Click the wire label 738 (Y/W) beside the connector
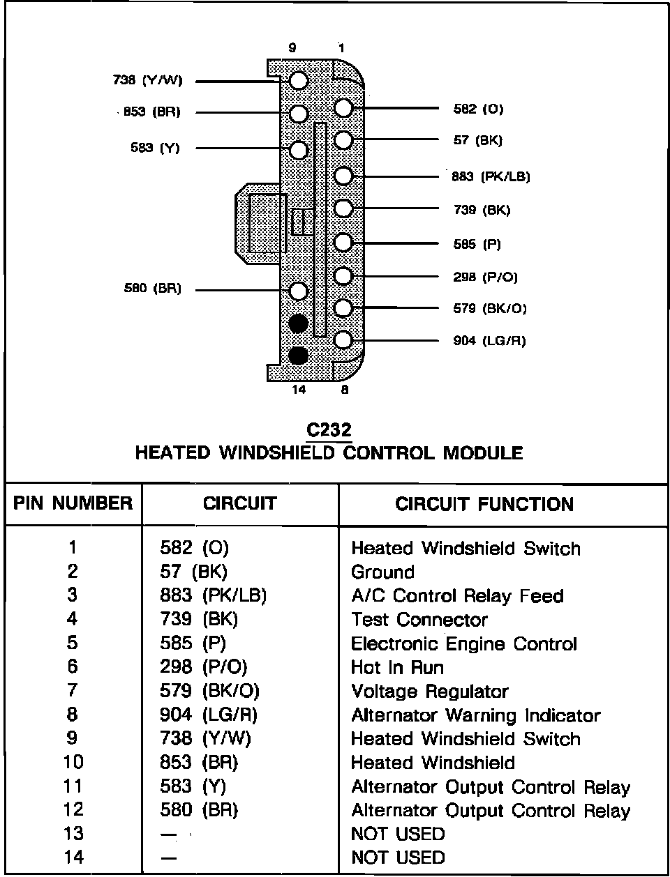tap(147, 81)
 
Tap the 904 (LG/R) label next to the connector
tap(489, 341)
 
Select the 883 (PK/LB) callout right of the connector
tap(491, 176)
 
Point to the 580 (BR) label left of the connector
tap(152, 289)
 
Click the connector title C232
tap(329, 431)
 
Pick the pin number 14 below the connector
tap(298, 390)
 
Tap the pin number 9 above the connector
tap(292, 48)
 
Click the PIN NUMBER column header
tap(73, 503)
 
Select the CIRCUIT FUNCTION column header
tap(484, 504)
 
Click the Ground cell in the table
tap(382, 572)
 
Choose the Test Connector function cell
tap(419, 620)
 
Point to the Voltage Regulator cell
tap(430, 692)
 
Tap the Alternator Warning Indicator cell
tap(475, 715)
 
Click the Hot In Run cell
tap(397, 667)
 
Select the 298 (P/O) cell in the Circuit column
tap(204, 667)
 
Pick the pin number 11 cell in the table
tap(73, 786)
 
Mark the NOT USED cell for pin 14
tap(398, 857)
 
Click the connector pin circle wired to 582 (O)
tap(343, 109)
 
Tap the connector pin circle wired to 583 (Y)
tap(298, 149)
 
